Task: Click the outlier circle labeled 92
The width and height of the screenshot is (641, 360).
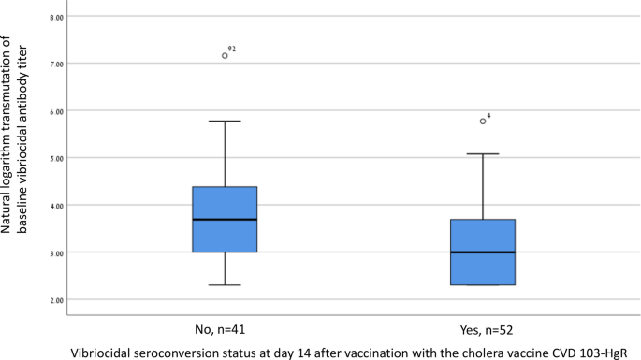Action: pos(225,56)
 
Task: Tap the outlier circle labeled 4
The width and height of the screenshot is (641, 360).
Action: pos(483,121)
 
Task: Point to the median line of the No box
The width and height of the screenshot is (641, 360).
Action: pos(225,220)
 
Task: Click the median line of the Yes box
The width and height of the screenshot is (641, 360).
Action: pos(483,252)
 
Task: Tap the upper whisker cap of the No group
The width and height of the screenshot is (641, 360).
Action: pos(225,122)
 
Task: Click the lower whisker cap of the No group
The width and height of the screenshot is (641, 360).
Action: pos(225,285)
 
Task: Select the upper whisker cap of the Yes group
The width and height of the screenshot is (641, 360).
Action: pos(483,154)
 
